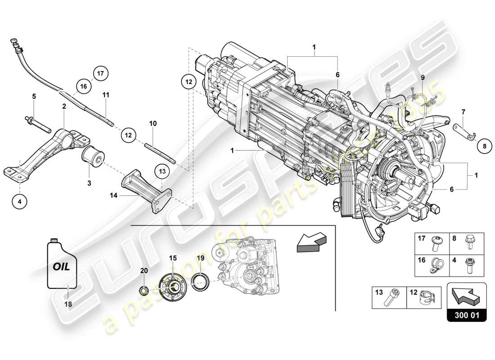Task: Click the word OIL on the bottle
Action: point(62,266)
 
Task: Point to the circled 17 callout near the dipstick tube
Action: point(100,72)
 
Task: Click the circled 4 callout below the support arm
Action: point(19,202)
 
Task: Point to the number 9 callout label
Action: point(423,77)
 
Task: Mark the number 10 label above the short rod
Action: point(153,123)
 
